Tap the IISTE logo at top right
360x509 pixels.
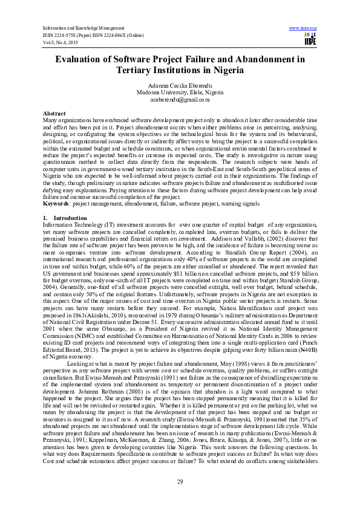(310, 37)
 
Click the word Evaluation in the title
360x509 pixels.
(83, 60)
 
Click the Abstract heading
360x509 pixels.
(54, 114)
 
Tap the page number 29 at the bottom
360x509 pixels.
(180, 481)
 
